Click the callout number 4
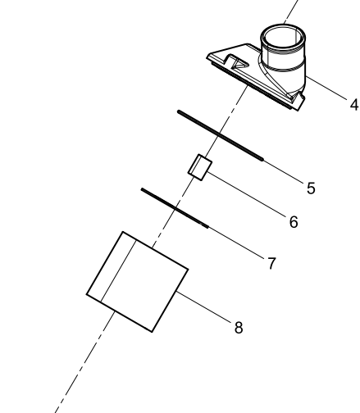(x=354, y=105)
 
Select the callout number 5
(x=311, y=188)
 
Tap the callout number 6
(x=294, y=222)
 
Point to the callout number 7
(x=271, y=263)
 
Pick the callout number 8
(x=239, y=328)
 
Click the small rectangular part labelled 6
(x=200, y=167)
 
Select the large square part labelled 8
(x=137, y=282)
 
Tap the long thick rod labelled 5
(x=221, y=135)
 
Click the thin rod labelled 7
(x=175, y=208)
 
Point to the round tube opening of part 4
(x=283, y=38)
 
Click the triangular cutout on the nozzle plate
(x=239, y=64)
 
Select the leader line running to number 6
(x=248, y=194)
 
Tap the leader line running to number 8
(x=204, y=307)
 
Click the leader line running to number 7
(x=236, y=243)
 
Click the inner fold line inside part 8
(x=118, y=271)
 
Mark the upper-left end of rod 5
(x=179, y=111)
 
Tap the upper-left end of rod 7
(x=142, y=189)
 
